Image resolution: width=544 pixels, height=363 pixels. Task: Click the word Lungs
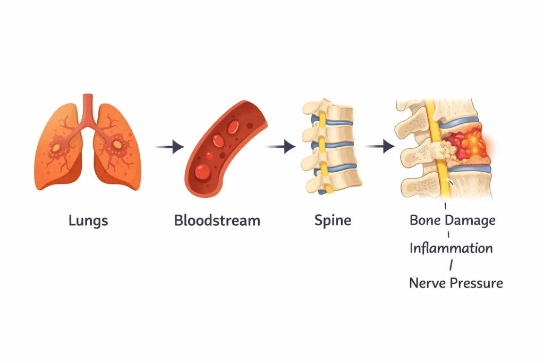point(88,220)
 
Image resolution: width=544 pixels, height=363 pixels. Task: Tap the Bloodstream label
point(217,220)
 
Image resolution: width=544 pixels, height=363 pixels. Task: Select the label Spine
point(333,220)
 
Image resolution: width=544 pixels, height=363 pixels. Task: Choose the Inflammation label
point(451,248)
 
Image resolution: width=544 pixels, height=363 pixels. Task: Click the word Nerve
point(428,282)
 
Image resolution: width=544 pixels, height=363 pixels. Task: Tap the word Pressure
point(477,282)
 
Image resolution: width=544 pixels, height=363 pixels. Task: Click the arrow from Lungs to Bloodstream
point(169,146)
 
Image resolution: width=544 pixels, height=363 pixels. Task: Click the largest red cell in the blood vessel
point(202,170)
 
